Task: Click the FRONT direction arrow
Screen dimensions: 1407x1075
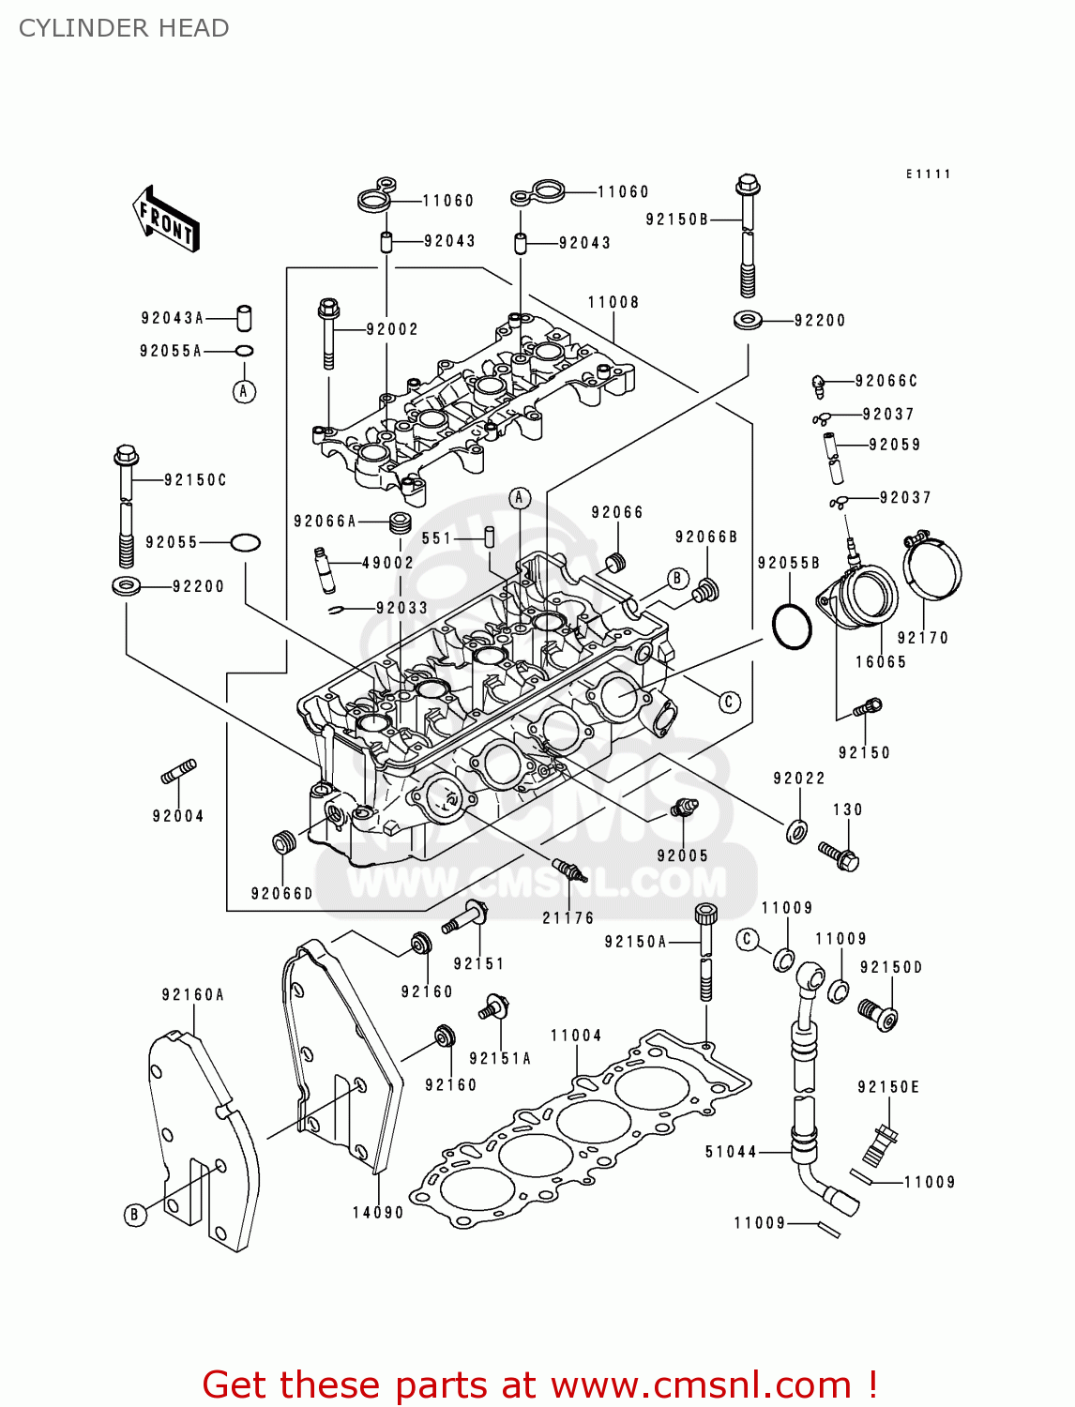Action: [x=167, y=219]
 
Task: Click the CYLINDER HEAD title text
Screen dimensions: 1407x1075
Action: [x=124, y=28]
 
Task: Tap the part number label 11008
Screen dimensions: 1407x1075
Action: [x=613, y=302]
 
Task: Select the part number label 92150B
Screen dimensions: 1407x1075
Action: [x=677, y=219]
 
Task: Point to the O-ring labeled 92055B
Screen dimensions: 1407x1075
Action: [x=793, y=626]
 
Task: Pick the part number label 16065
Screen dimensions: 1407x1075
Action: [x=881, y=662]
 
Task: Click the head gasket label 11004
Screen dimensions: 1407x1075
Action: [x=576, y=1036]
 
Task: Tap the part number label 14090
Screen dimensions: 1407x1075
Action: [x=378, y=1213]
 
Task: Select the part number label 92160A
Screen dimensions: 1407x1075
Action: [x=193, y=995]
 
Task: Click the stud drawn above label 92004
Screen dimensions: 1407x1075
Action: [x=178, y=772]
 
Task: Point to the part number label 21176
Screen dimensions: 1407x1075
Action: [x=568, y=918]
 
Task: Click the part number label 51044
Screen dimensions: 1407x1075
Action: [x=731, y=1152]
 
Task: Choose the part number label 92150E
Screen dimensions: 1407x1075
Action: [x=888, y=1087]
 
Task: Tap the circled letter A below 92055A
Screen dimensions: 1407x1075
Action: [x=244, y=391]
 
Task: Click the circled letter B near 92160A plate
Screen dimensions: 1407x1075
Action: [x=135, y=1215]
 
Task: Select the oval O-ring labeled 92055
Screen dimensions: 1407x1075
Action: [x=245, y=542]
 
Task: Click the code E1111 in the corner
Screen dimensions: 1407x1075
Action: [x=928, y=174]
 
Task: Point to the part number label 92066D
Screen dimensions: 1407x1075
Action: [x=282, y=894]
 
